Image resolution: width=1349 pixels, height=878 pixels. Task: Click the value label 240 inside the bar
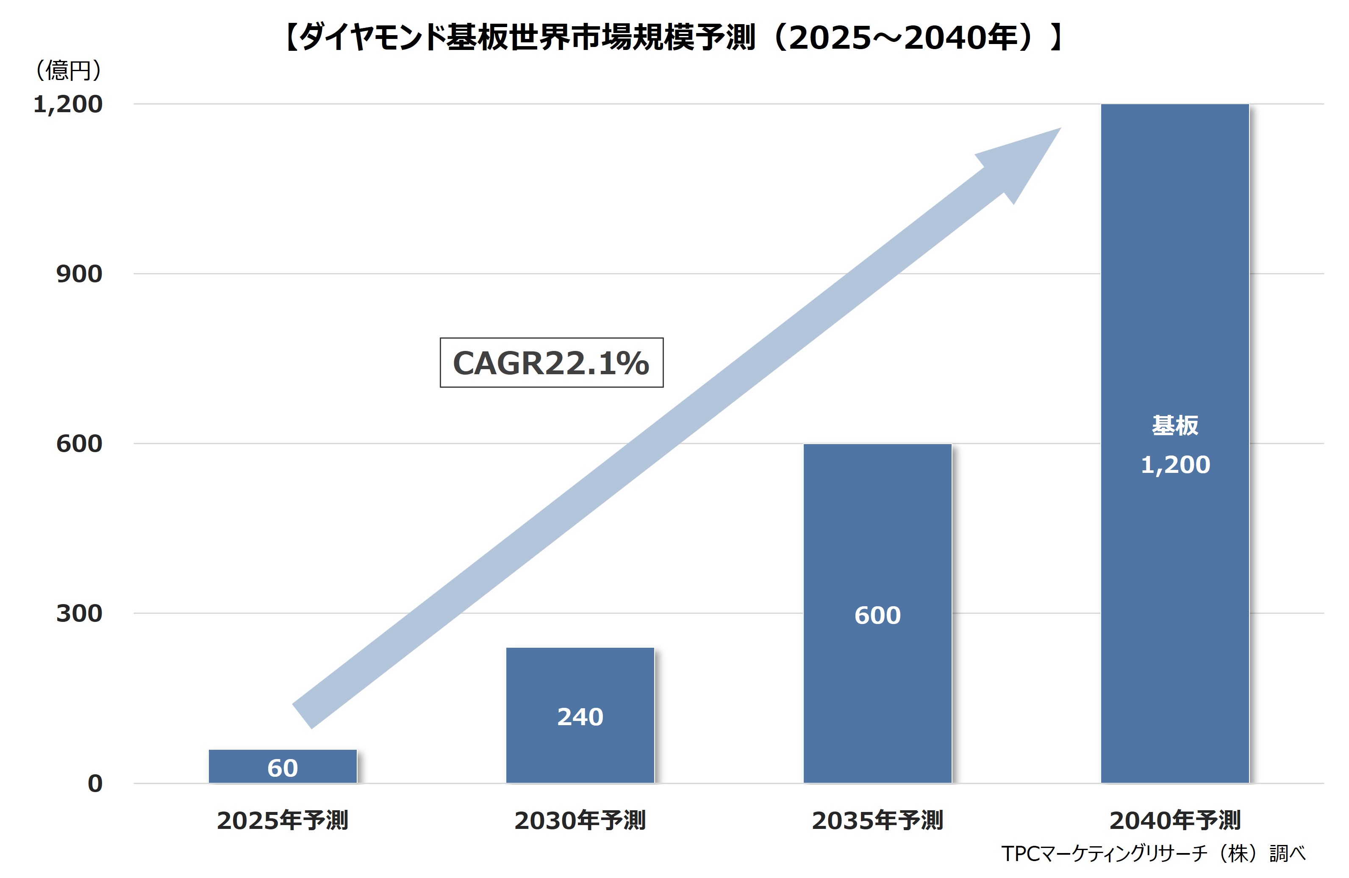(x=580, y=717)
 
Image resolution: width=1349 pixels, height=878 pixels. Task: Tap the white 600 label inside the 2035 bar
(x=877, y=615)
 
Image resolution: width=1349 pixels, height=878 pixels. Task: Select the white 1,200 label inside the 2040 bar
(x=1175, y=464)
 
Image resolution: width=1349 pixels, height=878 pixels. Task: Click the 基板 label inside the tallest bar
(x=1175, y=425)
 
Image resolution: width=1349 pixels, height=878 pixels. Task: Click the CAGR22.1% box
(x=552, y=362)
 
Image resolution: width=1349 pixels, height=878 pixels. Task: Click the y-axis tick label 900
(x=79, y=273)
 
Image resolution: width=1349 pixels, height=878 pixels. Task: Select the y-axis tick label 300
(x=79, y=613)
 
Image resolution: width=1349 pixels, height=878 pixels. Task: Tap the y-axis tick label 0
(x=94, y=784)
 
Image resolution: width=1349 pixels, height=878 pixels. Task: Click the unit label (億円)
(x=69, y=70)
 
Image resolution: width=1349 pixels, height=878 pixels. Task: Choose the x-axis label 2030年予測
(x=580, y=820)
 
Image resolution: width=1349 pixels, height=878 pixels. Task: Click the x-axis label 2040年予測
(x=1175, y=820)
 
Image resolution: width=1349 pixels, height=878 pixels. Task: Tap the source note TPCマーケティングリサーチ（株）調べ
(x=1153, y=853)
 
